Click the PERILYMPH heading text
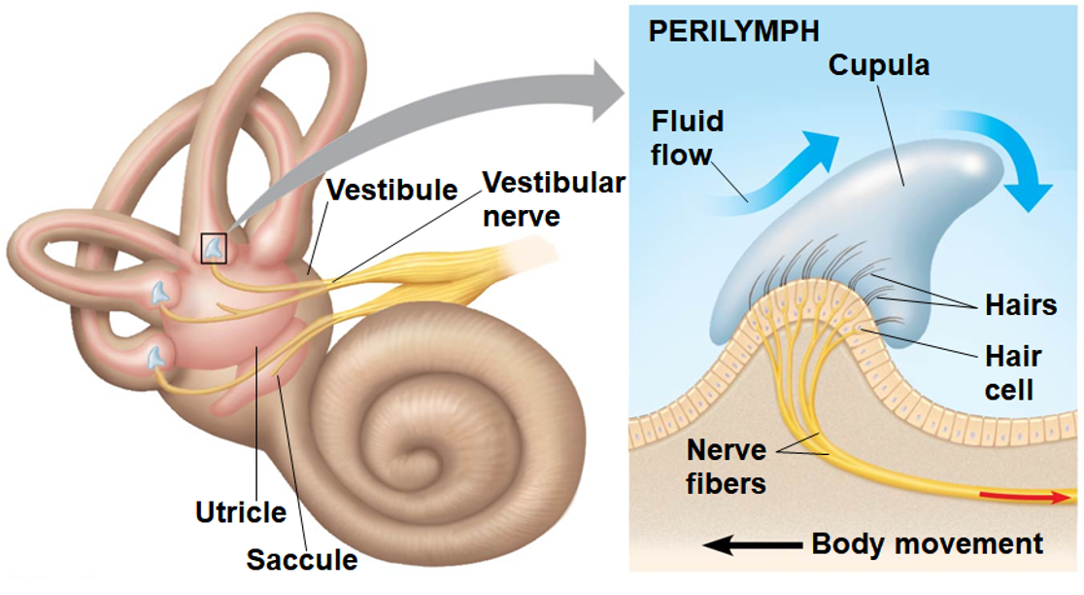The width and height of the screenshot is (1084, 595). point(733,30)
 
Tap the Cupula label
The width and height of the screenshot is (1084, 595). point(878,65)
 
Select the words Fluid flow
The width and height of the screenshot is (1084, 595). point(688,137)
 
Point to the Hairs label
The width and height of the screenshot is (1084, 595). point(1020,305)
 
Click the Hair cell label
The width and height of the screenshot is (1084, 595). point(1013,372)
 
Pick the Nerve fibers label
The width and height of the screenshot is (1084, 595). point(727,467)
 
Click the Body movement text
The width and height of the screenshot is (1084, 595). point(927,543)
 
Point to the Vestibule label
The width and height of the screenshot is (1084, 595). point(391,190)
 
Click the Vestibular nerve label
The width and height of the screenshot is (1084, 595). point(554,198)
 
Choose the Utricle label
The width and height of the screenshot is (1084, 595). point(241,511)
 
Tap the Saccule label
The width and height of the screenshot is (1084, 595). point(301,560)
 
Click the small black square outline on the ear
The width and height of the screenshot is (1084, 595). point(214,248)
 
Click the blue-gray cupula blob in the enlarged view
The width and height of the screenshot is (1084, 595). point(874,224)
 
